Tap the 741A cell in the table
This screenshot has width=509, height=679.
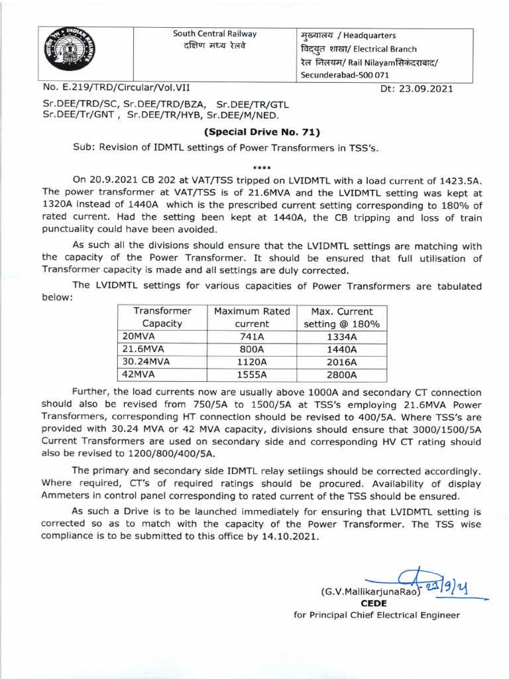tap(253, 336)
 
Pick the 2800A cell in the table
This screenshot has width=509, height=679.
tap(341, 375)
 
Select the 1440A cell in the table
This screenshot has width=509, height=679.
tap(341, 349)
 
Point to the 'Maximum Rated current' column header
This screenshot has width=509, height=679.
tap(253, 317)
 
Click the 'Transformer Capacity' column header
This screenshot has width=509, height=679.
tap(162, 317)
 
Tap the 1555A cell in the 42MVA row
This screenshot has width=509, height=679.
tap(253, 375)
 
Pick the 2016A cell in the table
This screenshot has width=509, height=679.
tap(341, 362)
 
